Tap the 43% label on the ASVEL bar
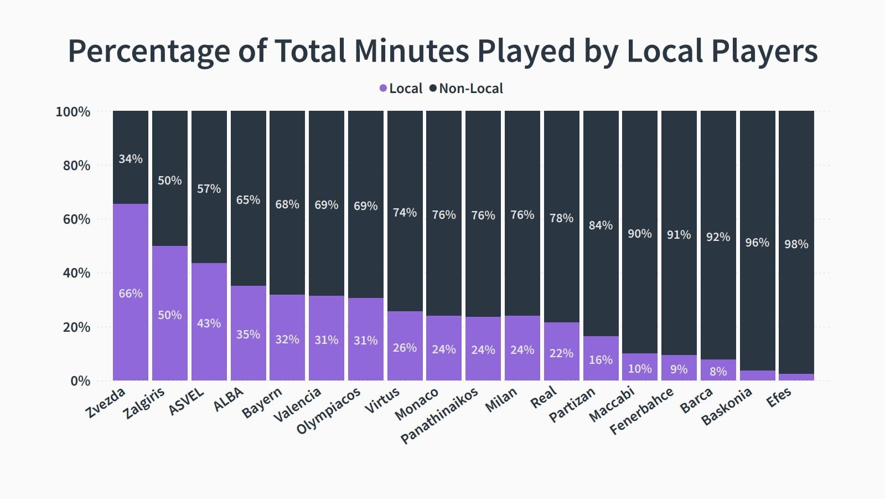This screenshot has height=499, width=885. (x=209, y=323)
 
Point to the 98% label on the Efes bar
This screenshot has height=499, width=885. (x=796, y=244)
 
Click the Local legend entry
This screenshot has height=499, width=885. (x=401, y=89)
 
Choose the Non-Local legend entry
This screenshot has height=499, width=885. (x=467, y=89)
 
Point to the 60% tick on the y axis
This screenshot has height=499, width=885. (x=76, y=219)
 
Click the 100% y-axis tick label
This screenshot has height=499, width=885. (x=73, y=112)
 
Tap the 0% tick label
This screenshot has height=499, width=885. (x=80, y=381)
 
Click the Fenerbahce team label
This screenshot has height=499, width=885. (x=641, y=411)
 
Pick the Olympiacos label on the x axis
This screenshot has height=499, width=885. (x=328, y=410)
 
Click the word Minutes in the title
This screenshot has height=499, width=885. (x=411, y=50)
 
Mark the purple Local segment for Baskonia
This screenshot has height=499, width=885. (x=757, y=375)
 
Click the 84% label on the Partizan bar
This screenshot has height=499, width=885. (x=601, y=225)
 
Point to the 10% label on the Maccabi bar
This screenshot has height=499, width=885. (x=640, y=369)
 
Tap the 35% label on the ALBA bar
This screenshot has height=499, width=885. (x=248, y=334)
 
